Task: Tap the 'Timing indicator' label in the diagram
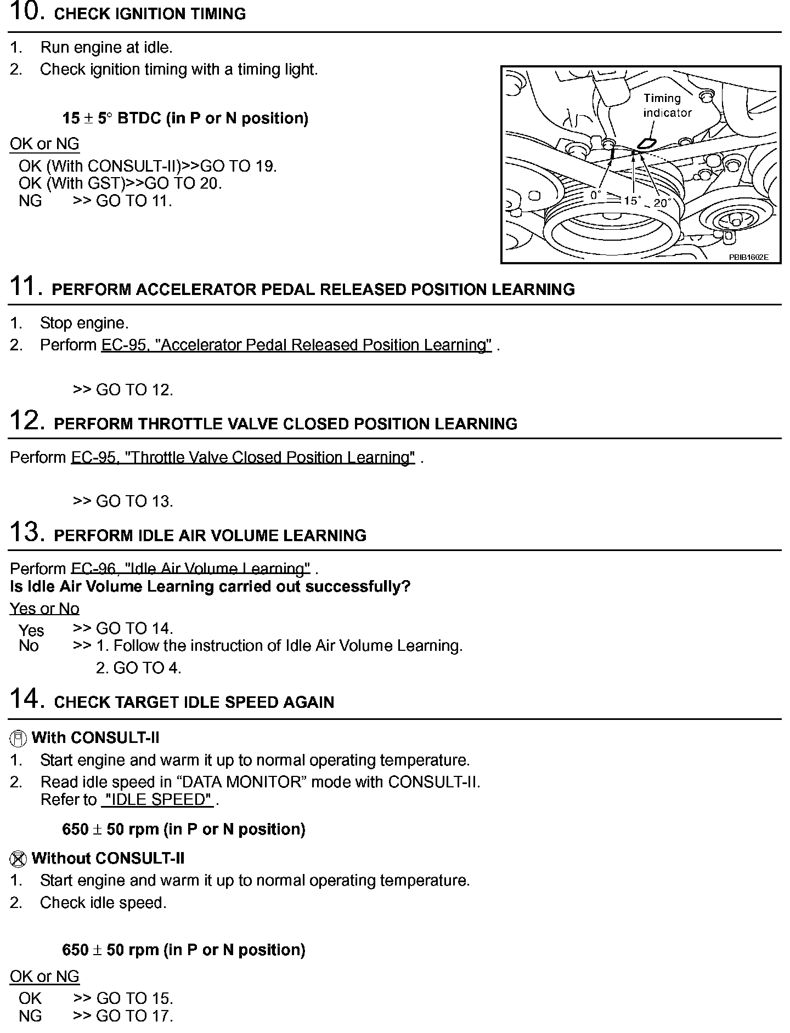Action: [667, 105]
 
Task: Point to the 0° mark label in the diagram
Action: [595, 195]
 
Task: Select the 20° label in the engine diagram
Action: [662, 203]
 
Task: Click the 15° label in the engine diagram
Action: [632, 201]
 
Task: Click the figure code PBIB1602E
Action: [748, 257]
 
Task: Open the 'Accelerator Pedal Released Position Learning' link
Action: [296, 345]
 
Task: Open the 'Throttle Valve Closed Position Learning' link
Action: [242, 458]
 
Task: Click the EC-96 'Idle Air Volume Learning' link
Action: [190, 569]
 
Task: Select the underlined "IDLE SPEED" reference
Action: [157, 800]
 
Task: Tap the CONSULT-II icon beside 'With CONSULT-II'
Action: [18, 739]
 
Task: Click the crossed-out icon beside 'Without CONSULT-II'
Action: [18, 859]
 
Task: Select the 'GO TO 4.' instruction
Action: [146, 668]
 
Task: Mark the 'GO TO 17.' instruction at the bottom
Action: [134, 1016]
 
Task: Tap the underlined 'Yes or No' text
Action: [44, 609]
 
